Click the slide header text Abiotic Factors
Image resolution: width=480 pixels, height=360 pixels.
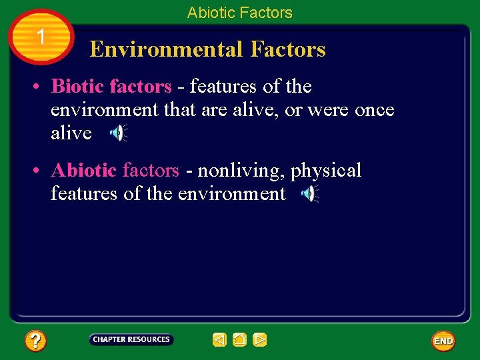tap(239, 12)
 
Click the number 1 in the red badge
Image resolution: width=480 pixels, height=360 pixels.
tap(41, 37)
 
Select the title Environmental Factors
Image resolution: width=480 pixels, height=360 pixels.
tap(207, 49)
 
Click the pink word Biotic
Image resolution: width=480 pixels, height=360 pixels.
tap(78, 87)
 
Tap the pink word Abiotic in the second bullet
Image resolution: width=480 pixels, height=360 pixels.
tap(84, 171)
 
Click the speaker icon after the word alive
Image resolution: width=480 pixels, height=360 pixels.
tap(117, 133)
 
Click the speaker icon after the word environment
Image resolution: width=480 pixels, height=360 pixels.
tap(309, 194)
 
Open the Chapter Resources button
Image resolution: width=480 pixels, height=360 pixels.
tap(131, 339)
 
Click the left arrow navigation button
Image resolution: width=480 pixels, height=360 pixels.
tap(219, 340)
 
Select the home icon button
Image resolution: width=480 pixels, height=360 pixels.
tap(239, 340)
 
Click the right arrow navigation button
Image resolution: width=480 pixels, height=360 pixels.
tap(260, 340)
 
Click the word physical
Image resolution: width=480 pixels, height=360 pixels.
tap(325, 171)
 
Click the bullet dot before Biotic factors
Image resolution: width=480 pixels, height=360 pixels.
tap(39, 87)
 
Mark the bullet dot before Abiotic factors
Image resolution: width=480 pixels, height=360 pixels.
tap(39, 171)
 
